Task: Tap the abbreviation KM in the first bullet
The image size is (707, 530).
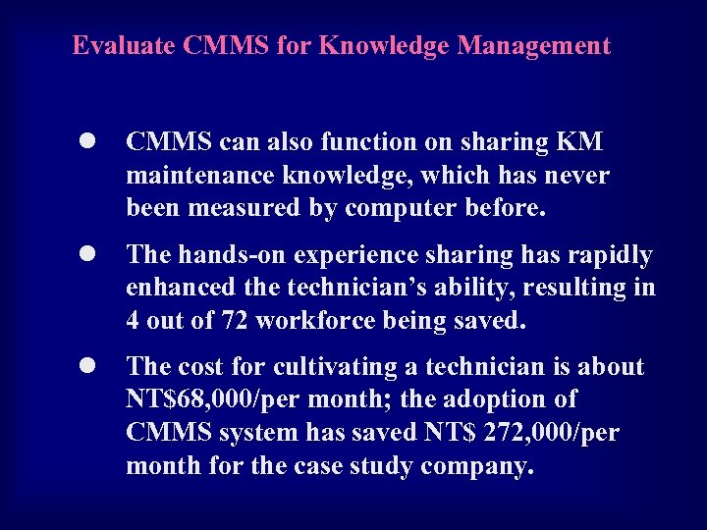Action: tap(581, 142)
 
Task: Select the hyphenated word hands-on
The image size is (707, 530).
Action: tap(223, 255)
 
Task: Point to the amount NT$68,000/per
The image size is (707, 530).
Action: tap(217, 400)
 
